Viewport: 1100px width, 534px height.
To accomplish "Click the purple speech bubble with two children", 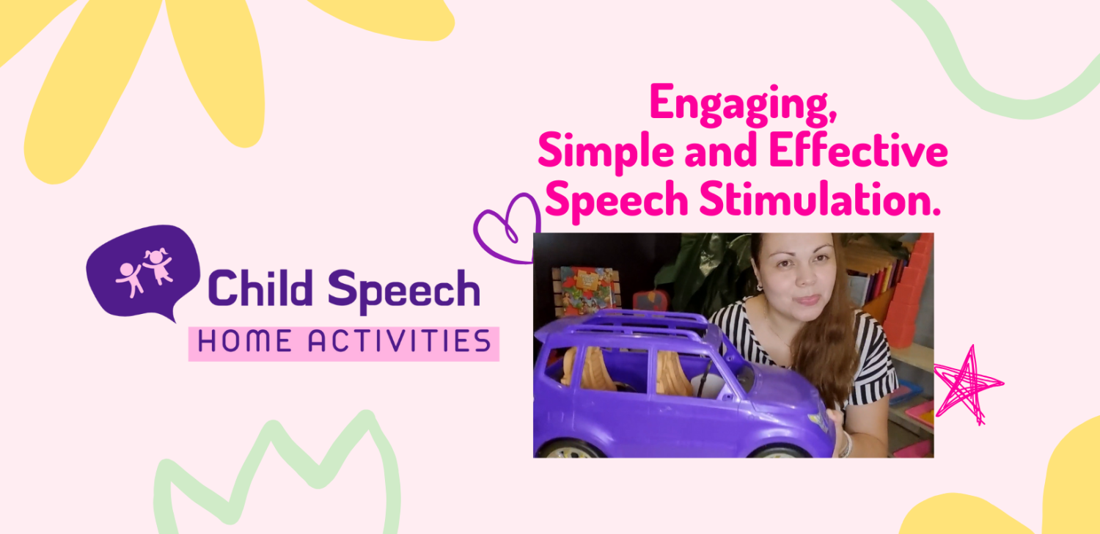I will tap(143, 269).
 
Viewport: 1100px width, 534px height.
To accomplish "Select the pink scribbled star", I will tap(967, 383).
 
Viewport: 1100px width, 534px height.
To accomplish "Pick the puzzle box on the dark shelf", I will tap(586, 292).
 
